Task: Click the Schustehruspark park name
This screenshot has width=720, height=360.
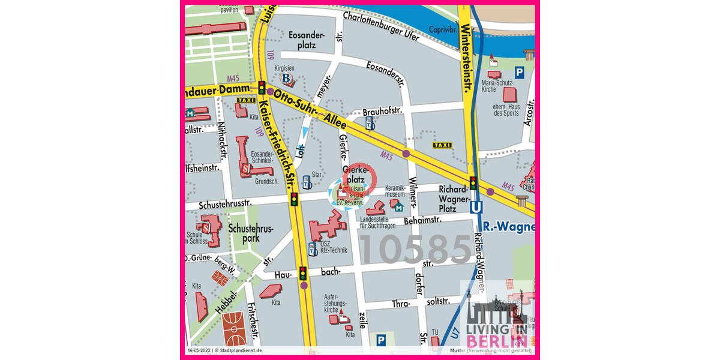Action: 251,233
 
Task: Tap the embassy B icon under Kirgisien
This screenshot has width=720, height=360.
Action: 287,79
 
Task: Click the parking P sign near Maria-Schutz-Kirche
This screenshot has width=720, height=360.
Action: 520,72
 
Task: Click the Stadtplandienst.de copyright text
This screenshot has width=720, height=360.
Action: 240,350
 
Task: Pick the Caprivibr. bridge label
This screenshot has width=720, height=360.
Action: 443,29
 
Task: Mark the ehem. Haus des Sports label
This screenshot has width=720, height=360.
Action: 506,109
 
